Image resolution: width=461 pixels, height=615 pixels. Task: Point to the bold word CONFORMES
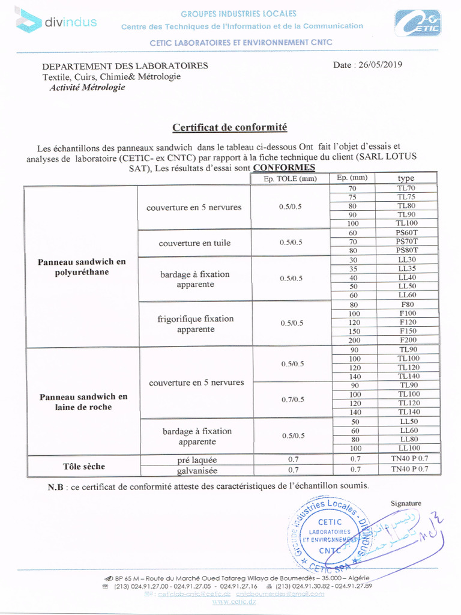pos(284,168)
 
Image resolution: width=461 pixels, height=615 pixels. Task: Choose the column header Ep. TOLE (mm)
pos(291,178)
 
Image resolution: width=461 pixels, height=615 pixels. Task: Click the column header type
pos(406,178)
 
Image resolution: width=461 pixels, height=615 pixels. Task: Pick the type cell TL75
pos(406,197)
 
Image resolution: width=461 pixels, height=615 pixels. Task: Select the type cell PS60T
pos(406,232)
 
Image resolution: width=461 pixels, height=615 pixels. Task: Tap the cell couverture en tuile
pos(194,243)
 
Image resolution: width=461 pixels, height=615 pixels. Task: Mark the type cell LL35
pos(406,268)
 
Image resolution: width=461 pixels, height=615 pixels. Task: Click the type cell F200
pos(407,340)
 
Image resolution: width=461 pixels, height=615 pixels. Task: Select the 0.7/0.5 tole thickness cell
pos(291,399)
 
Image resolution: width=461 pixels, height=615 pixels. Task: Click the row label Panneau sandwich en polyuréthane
pos(82,267)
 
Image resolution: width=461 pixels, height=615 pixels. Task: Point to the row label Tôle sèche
pos(83,466)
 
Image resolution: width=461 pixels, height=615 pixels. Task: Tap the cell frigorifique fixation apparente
pos(195,324)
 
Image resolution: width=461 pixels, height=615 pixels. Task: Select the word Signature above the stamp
pos(406,503)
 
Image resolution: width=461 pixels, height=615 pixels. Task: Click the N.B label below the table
pos(56,486)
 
